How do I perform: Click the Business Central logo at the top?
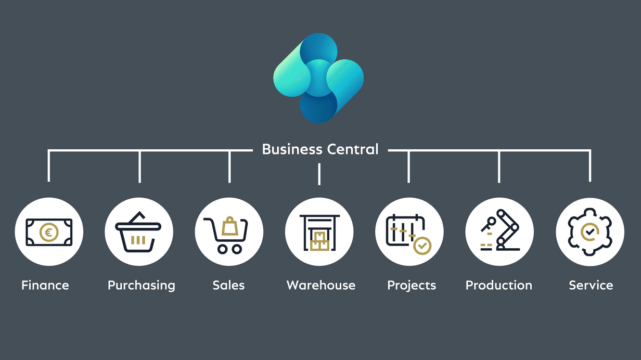click(318, 78)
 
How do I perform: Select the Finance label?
click(45, 286)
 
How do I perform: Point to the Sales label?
click(228, 286)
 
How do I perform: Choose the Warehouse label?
click(321, 286)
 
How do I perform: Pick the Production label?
click(499, 286)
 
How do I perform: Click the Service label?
click(591, 286)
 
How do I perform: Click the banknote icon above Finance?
click(49, 232)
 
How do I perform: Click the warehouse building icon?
click(319, 232)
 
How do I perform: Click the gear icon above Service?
click(589, 232)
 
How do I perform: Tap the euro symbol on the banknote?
click(49, 233)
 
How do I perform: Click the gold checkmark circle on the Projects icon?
click(422, 245)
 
